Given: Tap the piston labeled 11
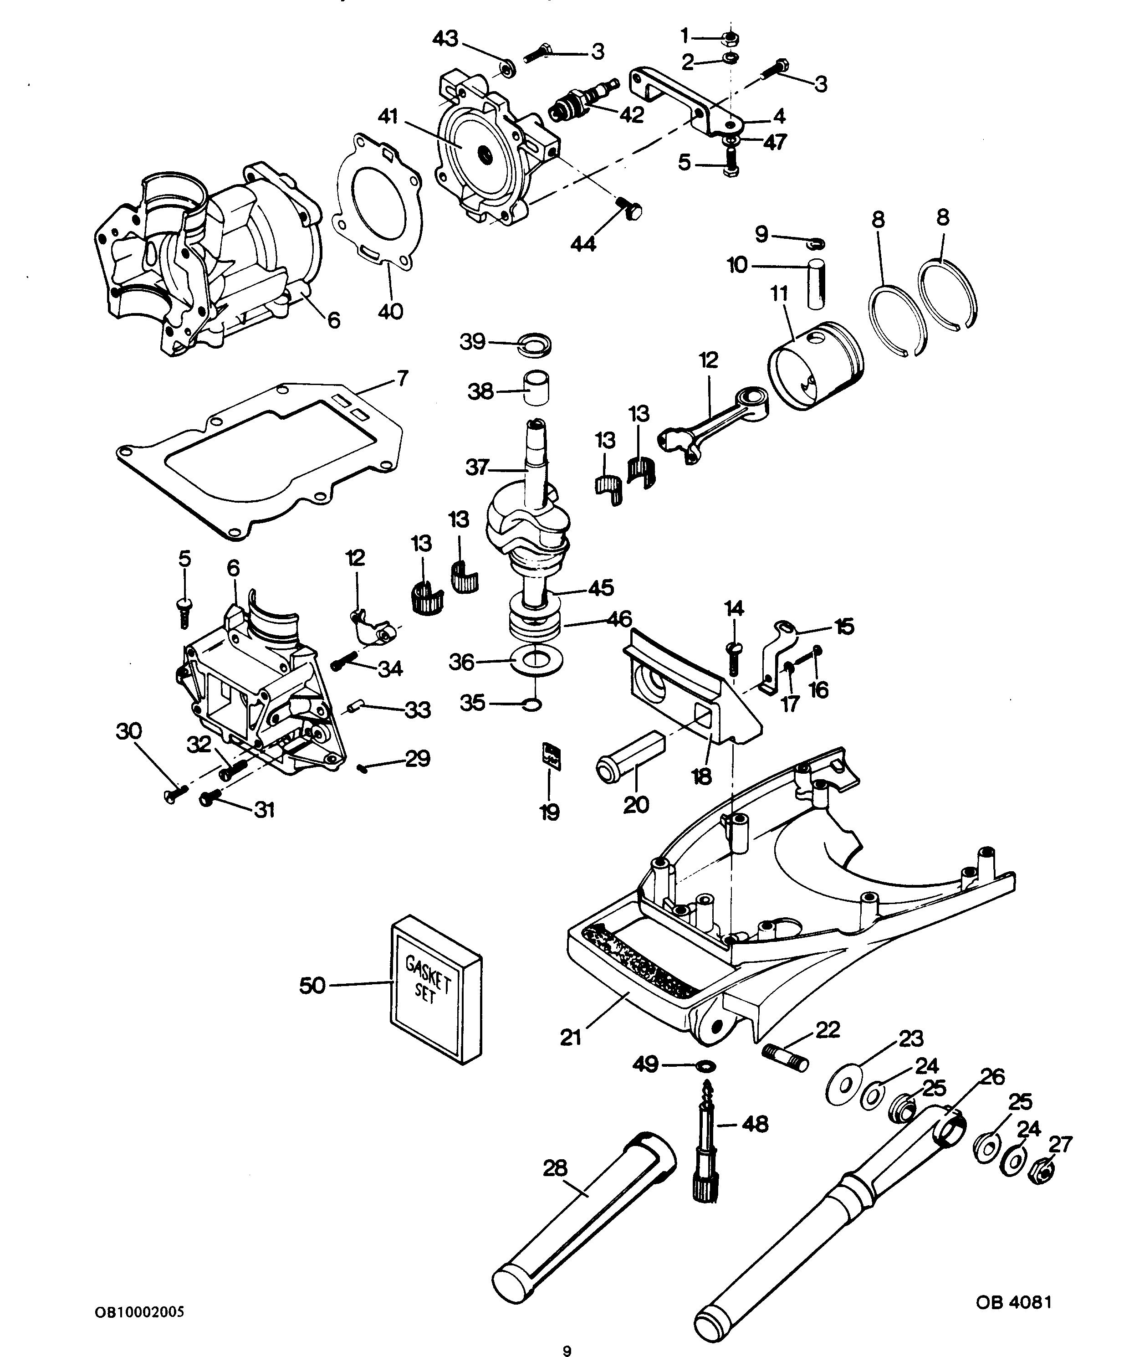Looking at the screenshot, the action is pos(816,365).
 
